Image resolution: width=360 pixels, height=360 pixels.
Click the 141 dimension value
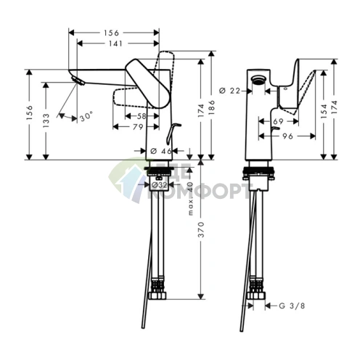tap(116, 44)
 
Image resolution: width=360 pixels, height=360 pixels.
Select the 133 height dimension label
tap(46, 120)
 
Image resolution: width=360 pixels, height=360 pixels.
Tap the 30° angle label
tap(86, 117)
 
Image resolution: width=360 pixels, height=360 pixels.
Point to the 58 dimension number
tap(142, 116)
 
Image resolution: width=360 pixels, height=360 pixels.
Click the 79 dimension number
tap(139, 127)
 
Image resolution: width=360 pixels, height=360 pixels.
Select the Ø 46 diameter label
tap(160, 151)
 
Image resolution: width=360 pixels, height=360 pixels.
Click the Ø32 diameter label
tap(159, 185)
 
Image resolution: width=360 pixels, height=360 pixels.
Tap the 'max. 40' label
tap(191, 198)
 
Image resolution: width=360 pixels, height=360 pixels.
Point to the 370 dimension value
tap(201, 229)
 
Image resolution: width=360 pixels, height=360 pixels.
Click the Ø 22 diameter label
tap(230, 91)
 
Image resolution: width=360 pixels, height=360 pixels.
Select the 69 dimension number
tap(278, 121)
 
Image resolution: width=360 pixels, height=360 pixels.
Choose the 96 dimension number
tap(287, 136)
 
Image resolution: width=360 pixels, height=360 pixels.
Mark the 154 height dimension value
tap(324, 111)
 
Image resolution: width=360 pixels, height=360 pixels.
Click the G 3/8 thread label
tap(292, 306)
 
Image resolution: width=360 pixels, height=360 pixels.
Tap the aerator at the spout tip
tap(78, 81)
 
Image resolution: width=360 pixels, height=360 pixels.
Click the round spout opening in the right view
tap(258, 80)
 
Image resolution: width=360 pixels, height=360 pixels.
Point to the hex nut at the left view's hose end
tap(157, 295)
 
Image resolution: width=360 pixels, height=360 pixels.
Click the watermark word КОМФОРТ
tap(198, 191)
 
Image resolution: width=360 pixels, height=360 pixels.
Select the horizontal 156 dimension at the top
tap(112, 33)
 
